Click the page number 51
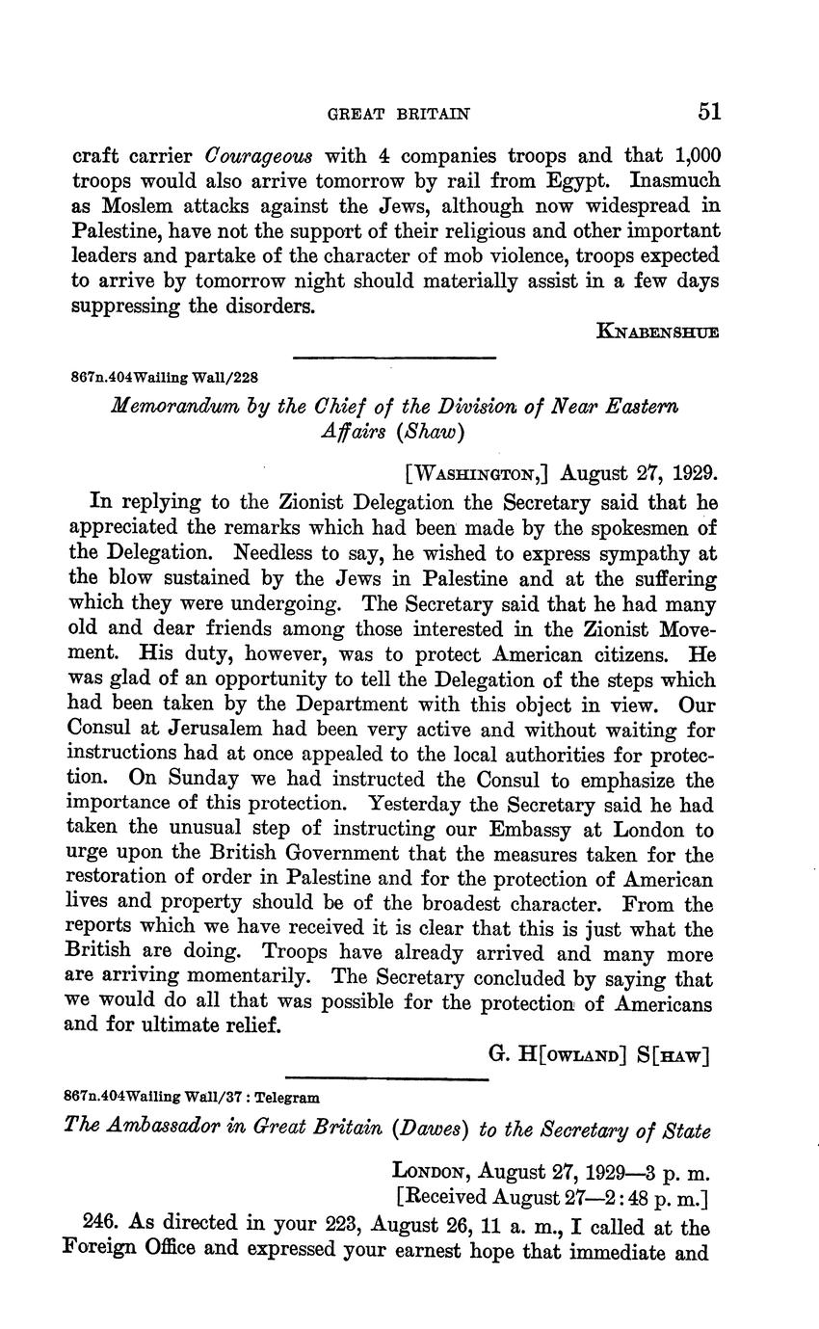point(709,112)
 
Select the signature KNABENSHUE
point(658,332)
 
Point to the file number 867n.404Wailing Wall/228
point(165,377)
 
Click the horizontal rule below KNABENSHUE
point(393,358)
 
